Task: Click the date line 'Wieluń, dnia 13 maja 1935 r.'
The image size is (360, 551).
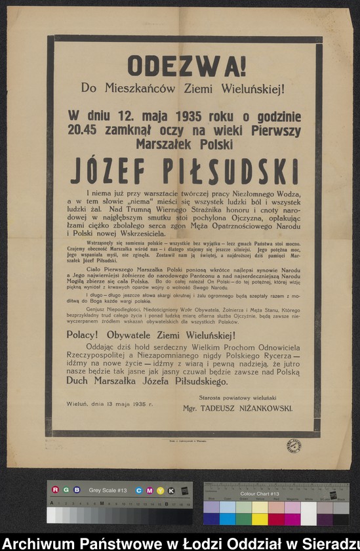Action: tap(110, 404)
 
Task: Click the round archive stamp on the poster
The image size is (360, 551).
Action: tap(294, 447)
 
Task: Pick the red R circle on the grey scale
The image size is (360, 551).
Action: tap(55, 490)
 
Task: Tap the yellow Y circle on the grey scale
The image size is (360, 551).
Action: tap(161, 490)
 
